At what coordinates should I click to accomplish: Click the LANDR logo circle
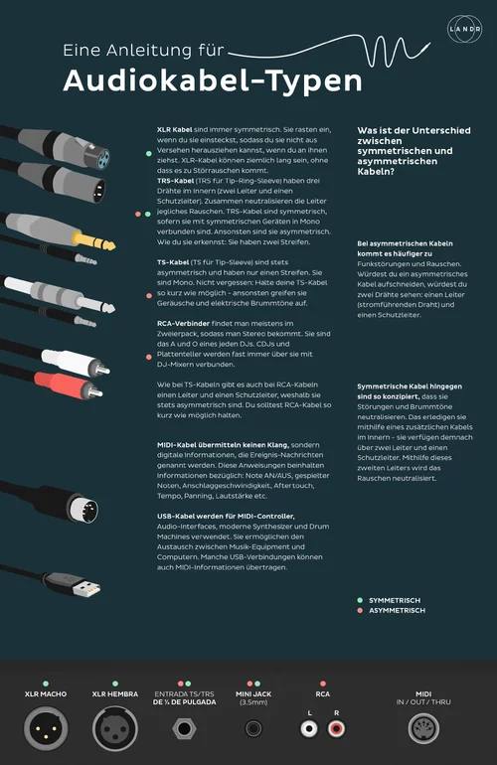463,29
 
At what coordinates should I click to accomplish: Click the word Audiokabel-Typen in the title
199,80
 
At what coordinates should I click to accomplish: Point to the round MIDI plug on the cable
86,511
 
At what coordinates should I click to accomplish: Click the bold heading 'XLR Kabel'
176,130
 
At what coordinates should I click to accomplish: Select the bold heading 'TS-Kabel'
175,261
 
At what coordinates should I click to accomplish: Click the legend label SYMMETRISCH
394,601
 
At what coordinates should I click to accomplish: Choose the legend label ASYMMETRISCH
396,611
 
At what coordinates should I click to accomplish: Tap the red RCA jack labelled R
336,729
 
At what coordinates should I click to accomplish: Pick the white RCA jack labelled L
309,729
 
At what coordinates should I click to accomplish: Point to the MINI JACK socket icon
253,729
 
